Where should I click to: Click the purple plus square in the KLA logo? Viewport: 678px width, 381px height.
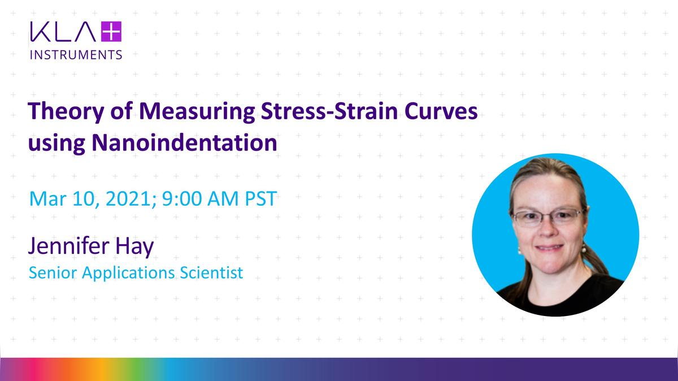coord(111,32)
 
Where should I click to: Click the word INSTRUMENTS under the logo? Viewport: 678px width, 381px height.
coord(76,55)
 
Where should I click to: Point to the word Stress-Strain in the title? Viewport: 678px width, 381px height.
coord(329,111)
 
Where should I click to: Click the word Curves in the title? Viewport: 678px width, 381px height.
coord(441,111)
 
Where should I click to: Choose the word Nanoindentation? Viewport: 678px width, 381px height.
coord(184,142)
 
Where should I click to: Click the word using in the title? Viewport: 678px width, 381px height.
coord(56,144)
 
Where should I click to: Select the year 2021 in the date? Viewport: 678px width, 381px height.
coord(131,198)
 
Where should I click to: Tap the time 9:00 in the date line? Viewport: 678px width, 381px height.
coord(182,198)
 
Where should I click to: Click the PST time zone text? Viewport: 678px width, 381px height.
coord(261,198)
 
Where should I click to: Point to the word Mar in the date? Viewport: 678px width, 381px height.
coord(48,198)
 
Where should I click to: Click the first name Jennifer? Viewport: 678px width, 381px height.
coord(69,246)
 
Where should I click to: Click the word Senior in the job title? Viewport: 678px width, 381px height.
coord(53,272)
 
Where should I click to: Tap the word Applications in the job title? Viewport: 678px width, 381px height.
coord(128,273)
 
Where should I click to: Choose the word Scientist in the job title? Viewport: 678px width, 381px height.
coord(211,272)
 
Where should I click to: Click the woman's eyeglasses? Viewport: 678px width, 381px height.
coord(547,218)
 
